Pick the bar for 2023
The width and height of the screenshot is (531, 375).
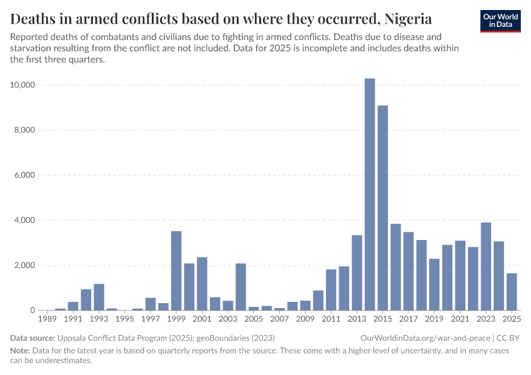pos(486,266)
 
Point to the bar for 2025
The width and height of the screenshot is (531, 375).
pos(512,292)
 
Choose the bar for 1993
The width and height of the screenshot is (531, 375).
pos(99,297)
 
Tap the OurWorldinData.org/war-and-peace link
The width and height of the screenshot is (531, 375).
pos(425,338)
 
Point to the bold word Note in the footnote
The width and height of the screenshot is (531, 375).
pos(21,351)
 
